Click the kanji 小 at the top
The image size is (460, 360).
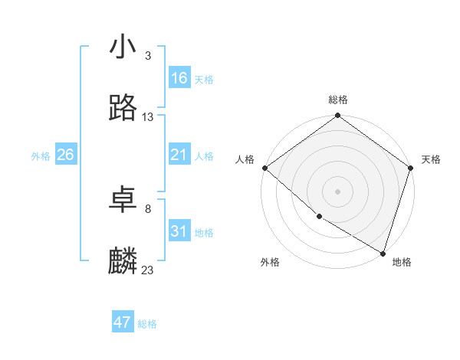pos(123,47)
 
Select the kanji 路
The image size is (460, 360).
pos(123,108)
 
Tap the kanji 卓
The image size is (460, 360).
pos(123,199)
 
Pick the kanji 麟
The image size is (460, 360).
pos(123,260)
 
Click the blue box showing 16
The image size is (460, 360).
pos(179,78)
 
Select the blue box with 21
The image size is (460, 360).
pos(179,155)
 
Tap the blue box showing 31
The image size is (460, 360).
pos(179,231)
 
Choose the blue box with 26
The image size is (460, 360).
pos(65,155)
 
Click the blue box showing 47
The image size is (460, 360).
pos(123,322)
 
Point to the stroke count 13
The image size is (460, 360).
pos(148,117)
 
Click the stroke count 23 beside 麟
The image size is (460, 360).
pos(148,270)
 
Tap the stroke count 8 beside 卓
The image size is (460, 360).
pos(147,208)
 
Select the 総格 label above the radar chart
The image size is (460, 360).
pos(338,100)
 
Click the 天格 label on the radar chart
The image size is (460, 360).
pos(431,159)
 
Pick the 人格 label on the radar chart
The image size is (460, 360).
pos(245,159)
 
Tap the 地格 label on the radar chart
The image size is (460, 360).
pos(402,262)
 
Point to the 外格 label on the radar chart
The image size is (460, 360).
pos(270,262)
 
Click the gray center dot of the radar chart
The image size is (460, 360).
pos(338,191)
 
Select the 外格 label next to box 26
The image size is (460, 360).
pos(41,155)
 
